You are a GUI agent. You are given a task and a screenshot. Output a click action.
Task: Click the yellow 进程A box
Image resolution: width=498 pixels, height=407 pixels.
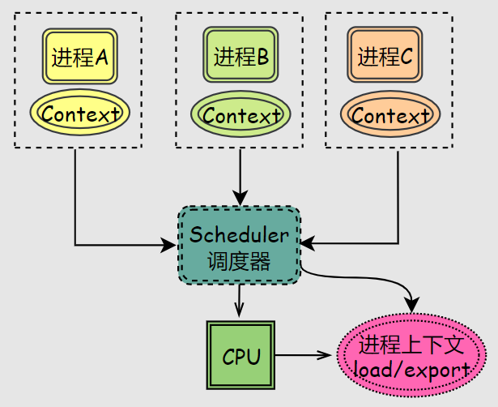tap(80, 57)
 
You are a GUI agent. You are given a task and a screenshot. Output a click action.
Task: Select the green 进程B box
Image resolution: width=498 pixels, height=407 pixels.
tap(240, 56)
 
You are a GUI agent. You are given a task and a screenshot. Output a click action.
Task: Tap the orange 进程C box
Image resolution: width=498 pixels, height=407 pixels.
tap(385, 56)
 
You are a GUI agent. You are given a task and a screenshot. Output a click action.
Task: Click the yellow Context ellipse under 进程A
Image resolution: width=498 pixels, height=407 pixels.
tap(80, 114)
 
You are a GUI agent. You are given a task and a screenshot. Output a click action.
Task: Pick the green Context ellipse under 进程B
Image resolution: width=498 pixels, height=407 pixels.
tap(240, 116)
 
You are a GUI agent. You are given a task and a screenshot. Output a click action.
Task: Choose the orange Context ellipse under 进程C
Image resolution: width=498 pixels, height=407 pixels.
tap(389, 116)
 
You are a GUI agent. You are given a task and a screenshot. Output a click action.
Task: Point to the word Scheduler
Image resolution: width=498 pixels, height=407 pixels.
tap(239, 235)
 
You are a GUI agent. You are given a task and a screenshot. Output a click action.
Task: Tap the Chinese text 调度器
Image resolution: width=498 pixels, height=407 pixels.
tap(239, 262)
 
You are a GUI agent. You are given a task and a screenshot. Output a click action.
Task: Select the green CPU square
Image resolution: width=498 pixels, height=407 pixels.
tap(241, 355)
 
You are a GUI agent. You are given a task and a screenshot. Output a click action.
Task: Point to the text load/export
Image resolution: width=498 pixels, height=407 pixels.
tap(412, 371)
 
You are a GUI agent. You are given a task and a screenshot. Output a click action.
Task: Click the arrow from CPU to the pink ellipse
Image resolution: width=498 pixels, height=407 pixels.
tap(304, 355)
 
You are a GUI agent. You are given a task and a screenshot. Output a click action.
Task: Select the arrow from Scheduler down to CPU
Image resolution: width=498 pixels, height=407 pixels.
tap(240, 301)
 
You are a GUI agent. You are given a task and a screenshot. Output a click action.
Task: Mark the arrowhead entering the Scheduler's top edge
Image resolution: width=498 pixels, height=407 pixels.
tap(240, 197)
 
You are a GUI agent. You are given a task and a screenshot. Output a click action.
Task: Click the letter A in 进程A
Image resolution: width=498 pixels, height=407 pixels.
tap(102, 58)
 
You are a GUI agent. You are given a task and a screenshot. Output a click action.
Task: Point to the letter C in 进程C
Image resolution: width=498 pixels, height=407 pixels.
tap(406, 57)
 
